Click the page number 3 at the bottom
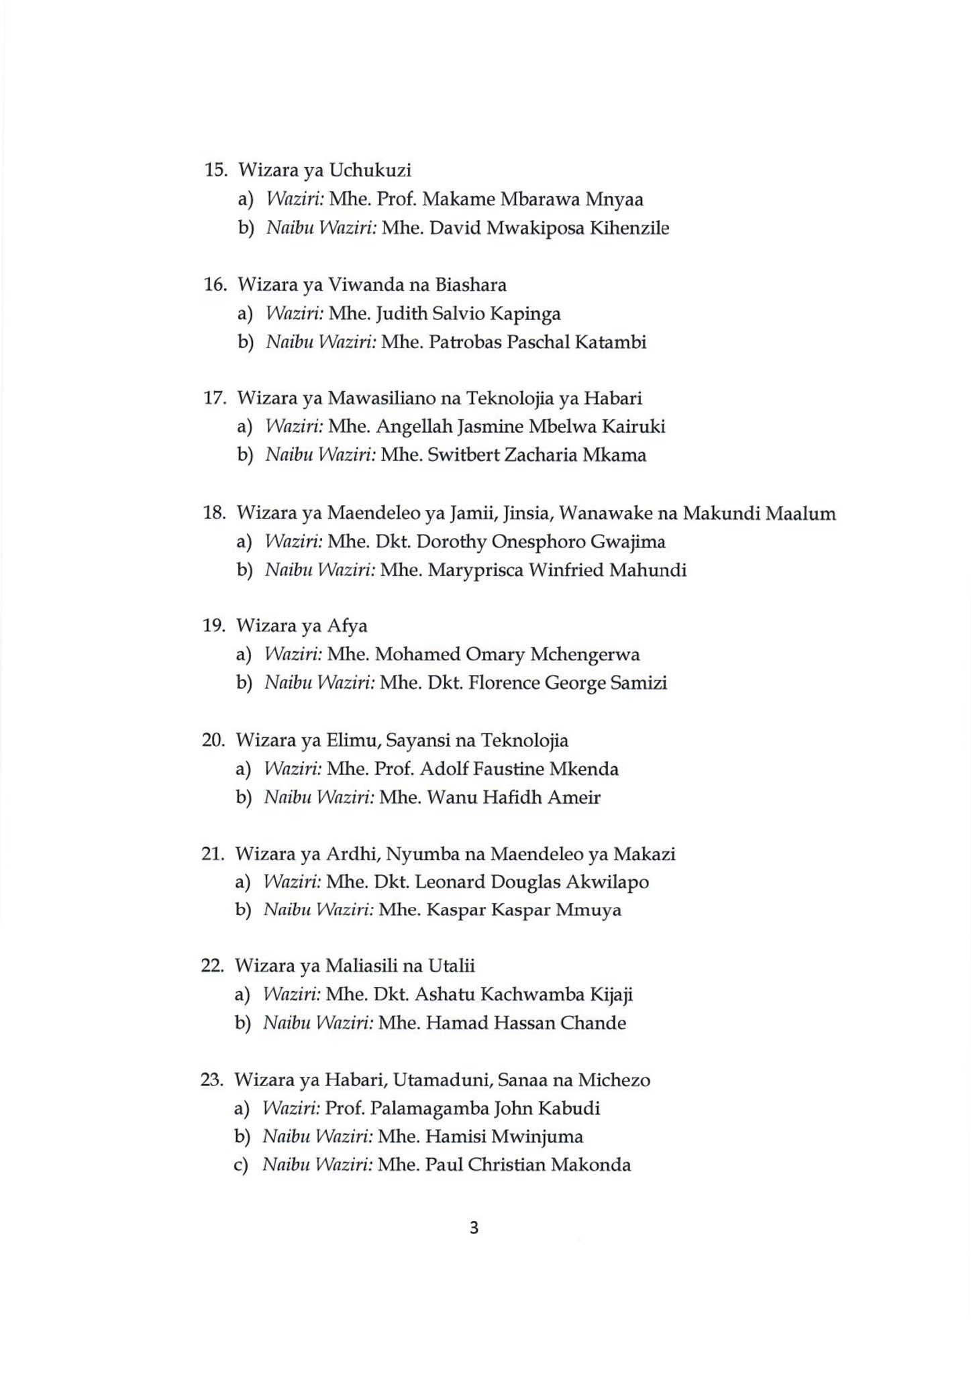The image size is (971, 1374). pyautogui.click(x=474, y=1228)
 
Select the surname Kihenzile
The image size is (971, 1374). pyautogui.click(x=629, y=228)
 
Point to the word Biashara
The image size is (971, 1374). pyautogui.click(x=470, y=284)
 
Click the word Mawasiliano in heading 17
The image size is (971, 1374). pyautogui.click(x=380, y=399)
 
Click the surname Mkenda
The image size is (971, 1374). pyautogui.click(x=584, y=769)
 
